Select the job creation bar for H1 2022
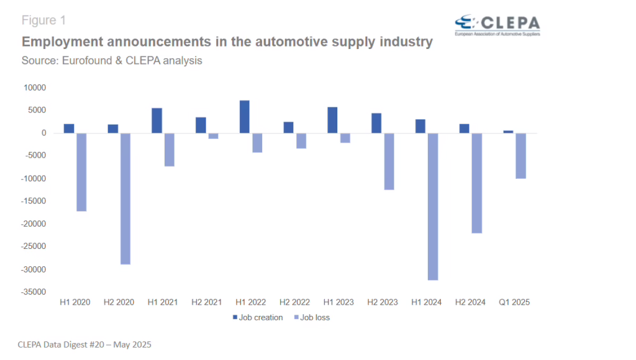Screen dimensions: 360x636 [x=245, y=117]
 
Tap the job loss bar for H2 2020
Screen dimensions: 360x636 [x=125, y=199]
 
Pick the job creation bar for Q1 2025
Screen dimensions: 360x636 [x=509, y=132]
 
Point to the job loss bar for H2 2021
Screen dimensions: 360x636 [x=214, y=136]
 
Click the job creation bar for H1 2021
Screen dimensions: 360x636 [x=157, y=120]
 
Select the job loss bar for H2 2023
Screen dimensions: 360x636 [x=389, y=161]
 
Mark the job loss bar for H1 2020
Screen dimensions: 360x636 [x=81, y=172]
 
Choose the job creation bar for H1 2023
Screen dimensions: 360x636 [x=332, y=120]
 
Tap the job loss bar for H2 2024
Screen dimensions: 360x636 [x=476, y=183]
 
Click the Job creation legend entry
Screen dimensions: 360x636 [x=257, y=318]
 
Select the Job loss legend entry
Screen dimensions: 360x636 [x=314, y=318]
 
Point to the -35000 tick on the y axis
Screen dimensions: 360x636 [x=34, y=292]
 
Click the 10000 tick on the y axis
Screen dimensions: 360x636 [x=35, y=88]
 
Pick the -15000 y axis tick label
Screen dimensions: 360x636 [x=34, y=201]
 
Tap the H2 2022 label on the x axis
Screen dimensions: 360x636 [x=295, y=302]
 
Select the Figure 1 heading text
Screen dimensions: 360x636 [x=43, y=20]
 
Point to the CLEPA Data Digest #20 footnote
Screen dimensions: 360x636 [x=84, y=344]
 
